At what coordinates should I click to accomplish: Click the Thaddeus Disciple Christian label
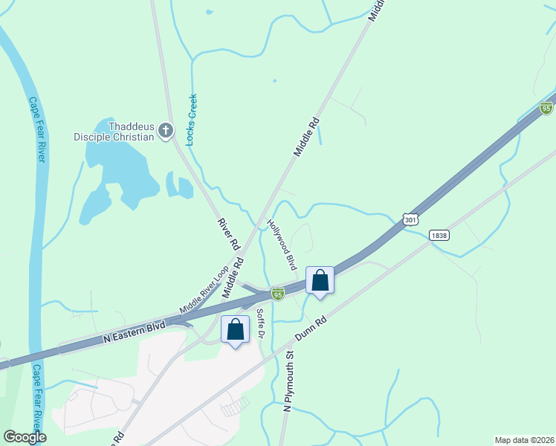(113, 131)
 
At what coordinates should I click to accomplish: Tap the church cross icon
(166, 132)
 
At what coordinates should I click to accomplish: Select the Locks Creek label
(192, 119)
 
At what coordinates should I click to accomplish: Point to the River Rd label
(229, 233)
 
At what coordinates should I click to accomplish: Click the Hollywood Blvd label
(282, 245)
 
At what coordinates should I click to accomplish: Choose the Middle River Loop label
(203, 290)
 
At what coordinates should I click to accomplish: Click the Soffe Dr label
(261, 323)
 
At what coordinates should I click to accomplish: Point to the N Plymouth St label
(289, 384)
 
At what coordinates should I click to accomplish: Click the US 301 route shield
(410, 219)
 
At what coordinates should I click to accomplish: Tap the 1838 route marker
(439, 235)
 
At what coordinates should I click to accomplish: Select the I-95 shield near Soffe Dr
(277, 294)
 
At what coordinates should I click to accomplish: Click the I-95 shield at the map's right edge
(546, 109)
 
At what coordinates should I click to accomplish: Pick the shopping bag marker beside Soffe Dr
(236, 329)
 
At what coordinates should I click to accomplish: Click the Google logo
(25, 437)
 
